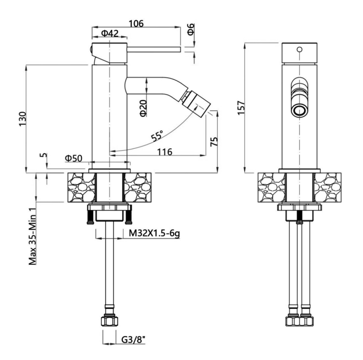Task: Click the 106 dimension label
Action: (136, 23)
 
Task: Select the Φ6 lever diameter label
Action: (191, 29)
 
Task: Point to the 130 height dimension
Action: (23, 119)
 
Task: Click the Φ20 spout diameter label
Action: (143, 108)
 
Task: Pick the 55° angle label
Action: (157, 135)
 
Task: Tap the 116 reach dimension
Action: (165, 152)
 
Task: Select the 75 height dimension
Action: (214, 141)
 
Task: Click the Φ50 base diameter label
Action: (73, 158)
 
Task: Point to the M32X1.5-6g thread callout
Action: (154, 233)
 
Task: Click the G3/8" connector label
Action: (133, 340)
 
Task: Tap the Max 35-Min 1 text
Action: (33, 236)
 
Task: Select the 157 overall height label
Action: (241, 107)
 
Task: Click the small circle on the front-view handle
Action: (299, 49)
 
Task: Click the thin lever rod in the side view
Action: (154, 49)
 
